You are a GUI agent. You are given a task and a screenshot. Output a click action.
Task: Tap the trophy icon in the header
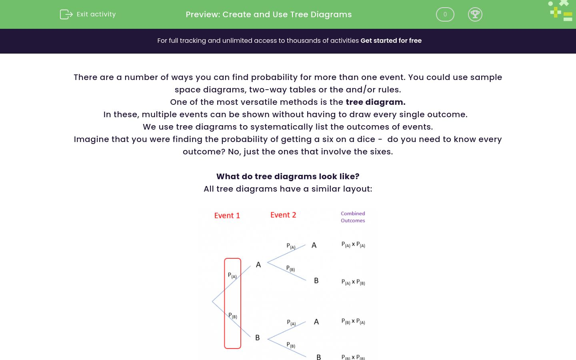coord(475,14)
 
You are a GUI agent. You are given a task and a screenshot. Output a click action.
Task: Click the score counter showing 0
coord(445,14)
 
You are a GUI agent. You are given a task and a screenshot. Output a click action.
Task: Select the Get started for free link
coord(391,41)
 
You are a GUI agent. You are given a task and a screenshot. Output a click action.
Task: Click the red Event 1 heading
coord(227,216)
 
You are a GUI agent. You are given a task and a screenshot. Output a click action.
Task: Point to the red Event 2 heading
coord(283,215)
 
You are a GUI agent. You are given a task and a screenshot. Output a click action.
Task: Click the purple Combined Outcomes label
coord(353,217)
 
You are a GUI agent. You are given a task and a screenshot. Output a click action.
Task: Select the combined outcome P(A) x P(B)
coord(353,282)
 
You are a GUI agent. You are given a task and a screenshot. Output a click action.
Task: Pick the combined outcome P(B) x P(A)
coord(353,322)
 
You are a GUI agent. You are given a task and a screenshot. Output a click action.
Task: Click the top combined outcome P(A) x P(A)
coord(353,244)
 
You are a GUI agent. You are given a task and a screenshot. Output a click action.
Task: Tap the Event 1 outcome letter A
coord(258,265)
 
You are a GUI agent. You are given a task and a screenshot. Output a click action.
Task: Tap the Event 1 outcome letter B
coord(257,338)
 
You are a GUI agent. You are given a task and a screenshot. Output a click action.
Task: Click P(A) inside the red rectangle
coord(232,276)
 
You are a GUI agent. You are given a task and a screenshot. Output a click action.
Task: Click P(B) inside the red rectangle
coord(232,316)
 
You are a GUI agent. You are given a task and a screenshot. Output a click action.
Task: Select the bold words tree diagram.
coord(375,102)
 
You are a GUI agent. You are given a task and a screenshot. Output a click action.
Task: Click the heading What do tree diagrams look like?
coord(288,176)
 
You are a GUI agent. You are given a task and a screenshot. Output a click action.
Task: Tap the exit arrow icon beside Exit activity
coord(66,14)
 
